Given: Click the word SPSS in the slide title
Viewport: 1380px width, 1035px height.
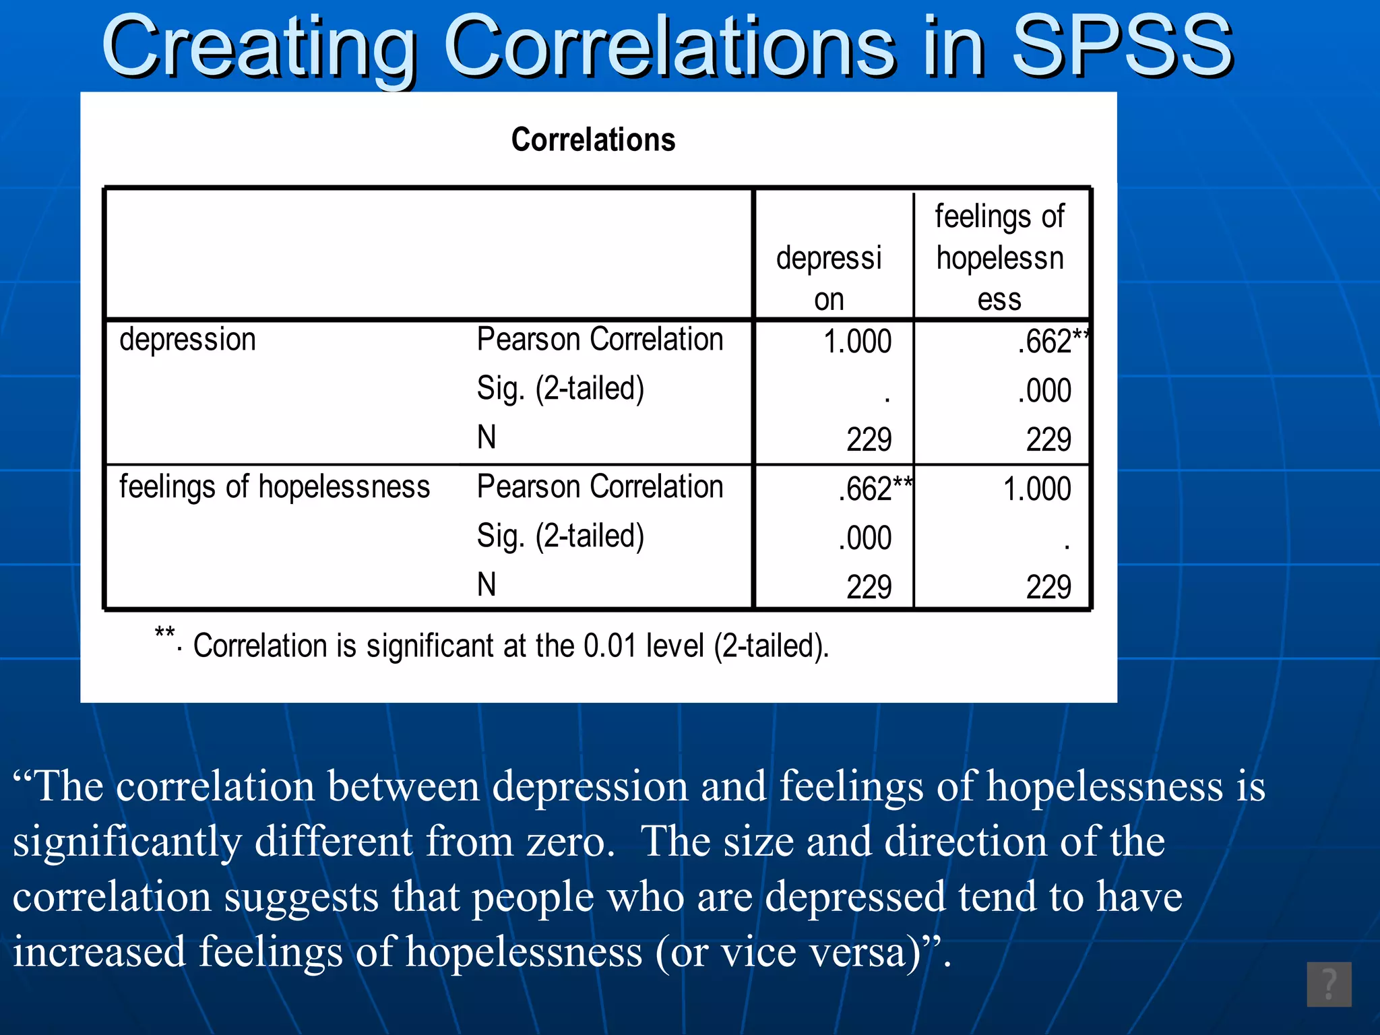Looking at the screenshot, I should (1122, 47).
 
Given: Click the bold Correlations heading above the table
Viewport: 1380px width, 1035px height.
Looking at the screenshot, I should (593, 139).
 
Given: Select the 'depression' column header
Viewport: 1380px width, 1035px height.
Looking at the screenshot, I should (829, 278).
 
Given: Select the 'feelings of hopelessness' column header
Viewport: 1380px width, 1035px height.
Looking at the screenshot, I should (1000, 257).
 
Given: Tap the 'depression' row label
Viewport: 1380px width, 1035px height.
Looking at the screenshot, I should (187, 340).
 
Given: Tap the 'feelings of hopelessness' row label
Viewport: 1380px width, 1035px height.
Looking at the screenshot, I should (274, 487).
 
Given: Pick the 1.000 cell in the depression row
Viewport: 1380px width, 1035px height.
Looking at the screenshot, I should (857, 342).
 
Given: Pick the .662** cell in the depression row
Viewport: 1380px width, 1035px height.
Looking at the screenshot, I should (1051, 342).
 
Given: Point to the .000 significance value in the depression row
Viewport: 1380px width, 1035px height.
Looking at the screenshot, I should (1044, 391).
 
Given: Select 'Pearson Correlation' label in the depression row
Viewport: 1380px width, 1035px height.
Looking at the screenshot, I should (600, 340).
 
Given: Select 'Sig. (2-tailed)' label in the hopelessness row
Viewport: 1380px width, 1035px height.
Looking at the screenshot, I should (561, 536).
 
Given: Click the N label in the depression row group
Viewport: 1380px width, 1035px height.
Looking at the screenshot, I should (487, 437).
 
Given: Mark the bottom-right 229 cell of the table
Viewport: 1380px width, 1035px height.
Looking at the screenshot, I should (1048, 587).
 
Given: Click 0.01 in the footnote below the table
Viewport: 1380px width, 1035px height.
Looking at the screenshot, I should (610, 646).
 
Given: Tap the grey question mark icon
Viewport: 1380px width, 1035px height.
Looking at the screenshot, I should (1329, 984).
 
